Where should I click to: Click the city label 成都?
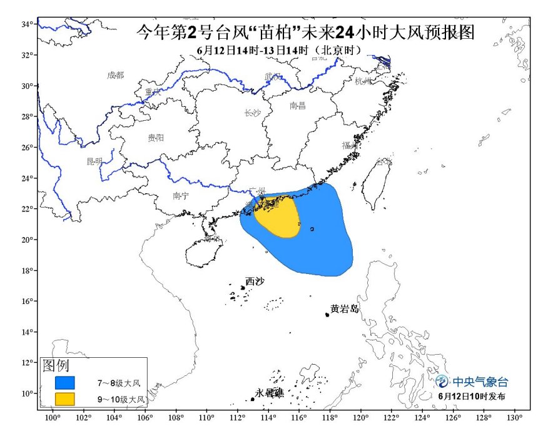click(116, 75)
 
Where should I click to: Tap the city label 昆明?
click(94, 161)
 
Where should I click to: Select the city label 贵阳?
click(156, 137)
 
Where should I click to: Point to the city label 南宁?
click(181, 196)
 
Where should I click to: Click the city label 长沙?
click(251, 113)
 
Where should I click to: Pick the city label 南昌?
click(298, 106)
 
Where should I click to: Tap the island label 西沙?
click(255, 281)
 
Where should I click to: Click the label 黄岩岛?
click(345, 308)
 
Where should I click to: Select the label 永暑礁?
click(270, 393)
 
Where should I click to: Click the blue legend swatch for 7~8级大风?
click(64, 382)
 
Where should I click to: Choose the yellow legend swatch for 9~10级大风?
click(64, 398)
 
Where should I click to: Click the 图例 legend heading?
click(56, 365)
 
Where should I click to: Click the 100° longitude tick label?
click(52, 418)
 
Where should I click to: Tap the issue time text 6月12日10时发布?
click(472, 396)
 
